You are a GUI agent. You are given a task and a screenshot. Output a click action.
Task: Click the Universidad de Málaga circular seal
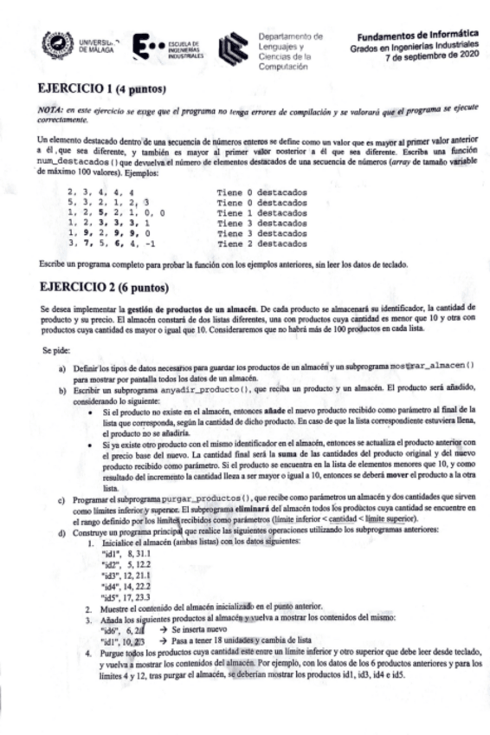coord(57,43)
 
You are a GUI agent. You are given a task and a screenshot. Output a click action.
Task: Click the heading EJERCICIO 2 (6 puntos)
coord(103,287)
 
